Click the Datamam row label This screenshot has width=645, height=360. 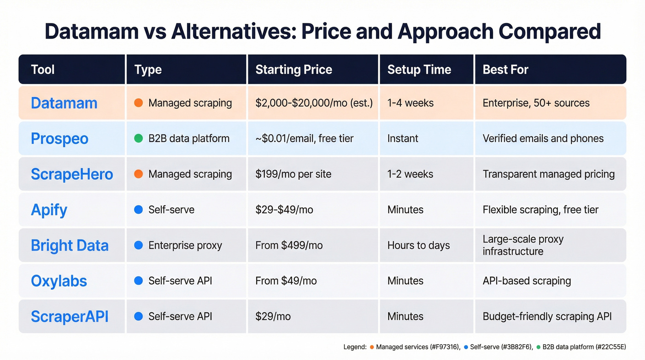(x=64, y=103)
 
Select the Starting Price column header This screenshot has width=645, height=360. (x=293, y=70)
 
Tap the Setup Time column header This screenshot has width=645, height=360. (x=419, y=70)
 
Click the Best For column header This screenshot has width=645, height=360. (x=505, y=70)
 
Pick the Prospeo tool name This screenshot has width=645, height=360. (x=59, y=138)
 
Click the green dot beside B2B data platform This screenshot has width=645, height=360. (x=138, y=138)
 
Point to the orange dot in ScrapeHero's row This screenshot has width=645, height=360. (x=138, y=174)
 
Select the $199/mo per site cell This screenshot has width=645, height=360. (x=293, y=174)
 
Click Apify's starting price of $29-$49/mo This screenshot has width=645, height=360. (x=284, y=210)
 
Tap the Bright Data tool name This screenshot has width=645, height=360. (x=70, y=245)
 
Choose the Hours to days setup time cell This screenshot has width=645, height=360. (x=418, y=245)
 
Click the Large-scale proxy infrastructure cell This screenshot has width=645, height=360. (x=523, y=245)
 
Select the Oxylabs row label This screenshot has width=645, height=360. (x=59, y=281)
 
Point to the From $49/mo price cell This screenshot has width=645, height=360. (x=286, y=281)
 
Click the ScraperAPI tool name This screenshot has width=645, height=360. (x=70, y=316)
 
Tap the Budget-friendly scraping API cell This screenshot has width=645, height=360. (x=547, y=316)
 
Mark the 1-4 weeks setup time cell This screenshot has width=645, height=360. (x=410, y=103)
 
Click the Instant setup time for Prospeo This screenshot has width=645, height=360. (x=403, y=138)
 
